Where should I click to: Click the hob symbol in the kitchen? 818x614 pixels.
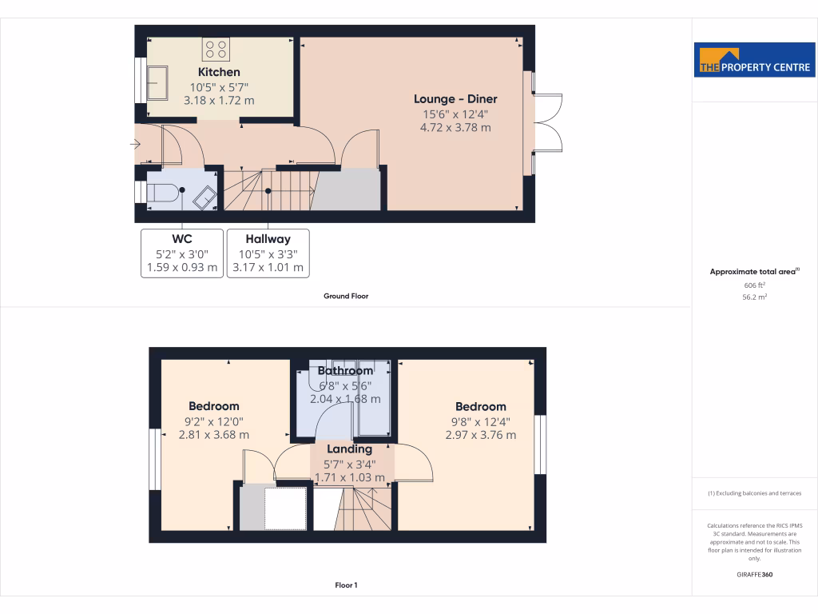click(216, 50)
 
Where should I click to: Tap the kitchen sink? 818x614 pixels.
click(157, 82)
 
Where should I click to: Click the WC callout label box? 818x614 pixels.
click(182, 253)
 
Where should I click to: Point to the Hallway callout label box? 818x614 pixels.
click(268, 253)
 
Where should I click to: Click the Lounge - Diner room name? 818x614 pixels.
click(455, 99)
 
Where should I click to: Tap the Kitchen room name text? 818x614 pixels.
click(219, 72)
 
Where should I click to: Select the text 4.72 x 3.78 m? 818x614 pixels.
click(455, 127)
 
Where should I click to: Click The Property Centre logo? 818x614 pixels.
click(755, 59)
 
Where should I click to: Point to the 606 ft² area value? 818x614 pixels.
click(755, 285)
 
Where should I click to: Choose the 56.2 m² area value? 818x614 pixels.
click(755, 297)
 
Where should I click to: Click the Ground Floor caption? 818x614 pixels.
click(346, 296)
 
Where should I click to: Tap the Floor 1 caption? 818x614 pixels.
click(346, 585)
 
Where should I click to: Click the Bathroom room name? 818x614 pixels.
click(345, 371)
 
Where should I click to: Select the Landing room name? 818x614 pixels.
click(350, 449)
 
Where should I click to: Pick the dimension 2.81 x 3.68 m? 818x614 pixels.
click(214, 435)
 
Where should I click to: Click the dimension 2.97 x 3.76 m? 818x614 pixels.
click(481, 435)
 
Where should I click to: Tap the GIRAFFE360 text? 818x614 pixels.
click(755, 575)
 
